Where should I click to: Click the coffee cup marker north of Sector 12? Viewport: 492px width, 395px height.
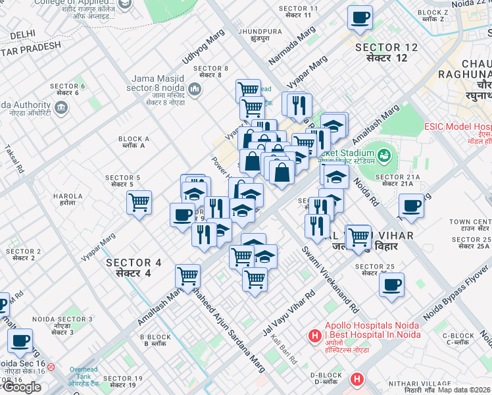click(x=359, y=18)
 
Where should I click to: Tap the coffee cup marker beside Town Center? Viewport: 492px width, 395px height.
click(x=411, y=206)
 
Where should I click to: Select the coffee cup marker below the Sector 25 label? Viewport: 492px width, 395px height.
click(x=392, y=285)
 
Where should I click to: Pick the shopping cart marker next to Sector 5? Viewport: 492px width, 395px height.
click(x=139, y=203)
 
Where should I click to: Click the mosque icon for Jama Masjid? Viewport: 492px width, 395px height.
click(x=194, y=89)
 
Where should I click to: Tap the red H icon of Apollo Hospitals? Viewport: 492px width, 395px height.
click(x=315, y=336)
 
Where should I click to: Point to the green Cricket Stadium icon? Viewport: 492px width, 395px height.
click(x=384, y=156)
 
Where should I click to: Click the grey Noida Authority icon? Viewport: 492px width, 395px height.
click(x=62, y=106)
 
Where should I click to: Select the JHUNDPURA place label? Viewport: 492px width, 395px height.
click(x=260, y=35)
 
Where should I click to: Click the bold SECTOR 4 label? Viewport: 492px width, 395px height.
click(x=134, y=267)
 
